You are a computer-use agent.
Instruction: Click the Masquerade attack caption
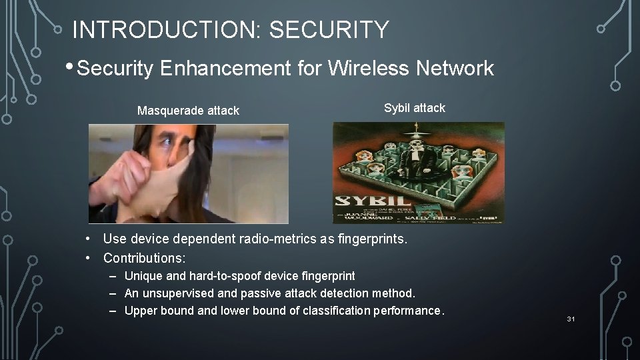[188, 111]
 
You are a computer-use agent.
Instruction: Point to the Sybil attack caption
[414, 108]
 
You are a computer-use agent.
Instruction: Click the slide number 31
[571, 319]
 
